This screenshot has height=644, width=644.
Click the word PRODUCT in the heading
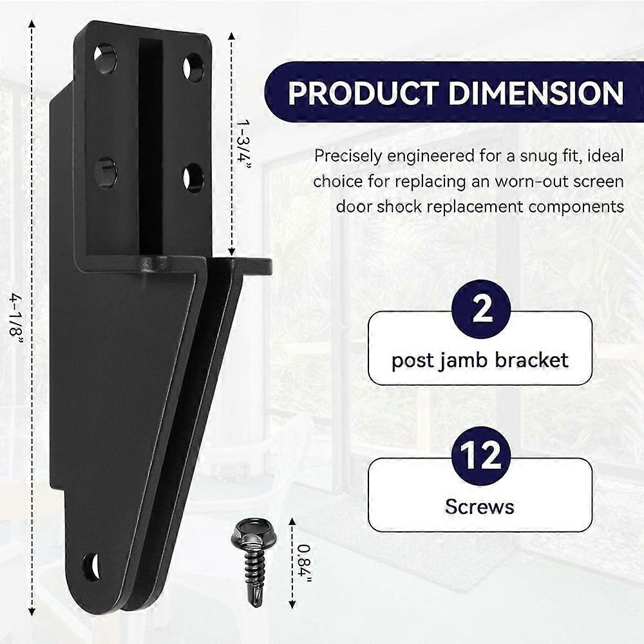pyautogui.click(x=363, y=93)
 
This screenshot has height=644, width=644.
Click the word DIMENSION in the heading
pyautogui.click(x=536, y=93)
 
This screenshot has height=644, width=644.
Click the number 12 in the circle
pyautogui.click(x=480, y=455)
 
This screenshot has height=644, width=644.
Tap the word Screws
pyautogui.click(x=479, y=507)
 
